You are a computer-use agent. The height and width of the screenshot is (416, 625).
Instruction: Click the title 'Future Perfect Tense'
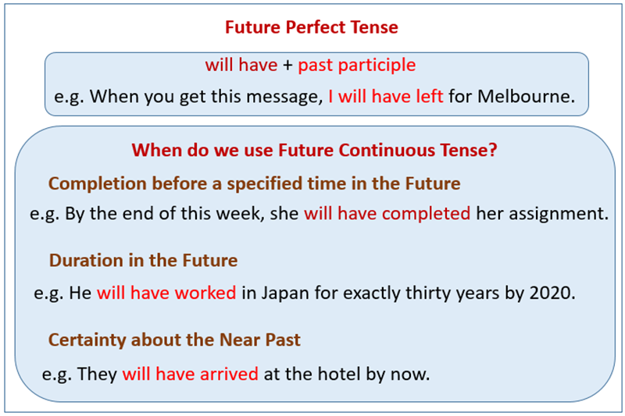point(311,27)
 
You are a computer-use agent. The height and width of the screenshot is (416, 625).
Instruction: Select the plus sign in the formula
point(287,66)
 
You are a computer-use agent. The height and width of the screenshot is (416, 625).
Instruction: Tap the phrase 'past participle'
point(356,66)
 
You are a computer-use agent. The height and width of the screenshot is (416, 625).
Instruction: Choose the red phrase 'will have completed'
point(387,213)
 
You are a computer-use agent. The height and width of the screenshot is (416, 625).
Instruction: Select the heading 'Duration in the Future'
point(143,260)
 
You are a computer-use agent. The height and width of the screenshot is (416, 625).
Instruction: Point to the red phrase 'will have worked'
point(166,293)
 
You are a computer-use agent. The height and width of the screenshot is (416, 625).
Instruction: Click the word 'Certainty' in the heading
point(85,340)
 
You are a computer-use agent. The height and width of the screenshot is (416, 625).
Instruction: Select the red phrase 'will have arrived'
point(190,374)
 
